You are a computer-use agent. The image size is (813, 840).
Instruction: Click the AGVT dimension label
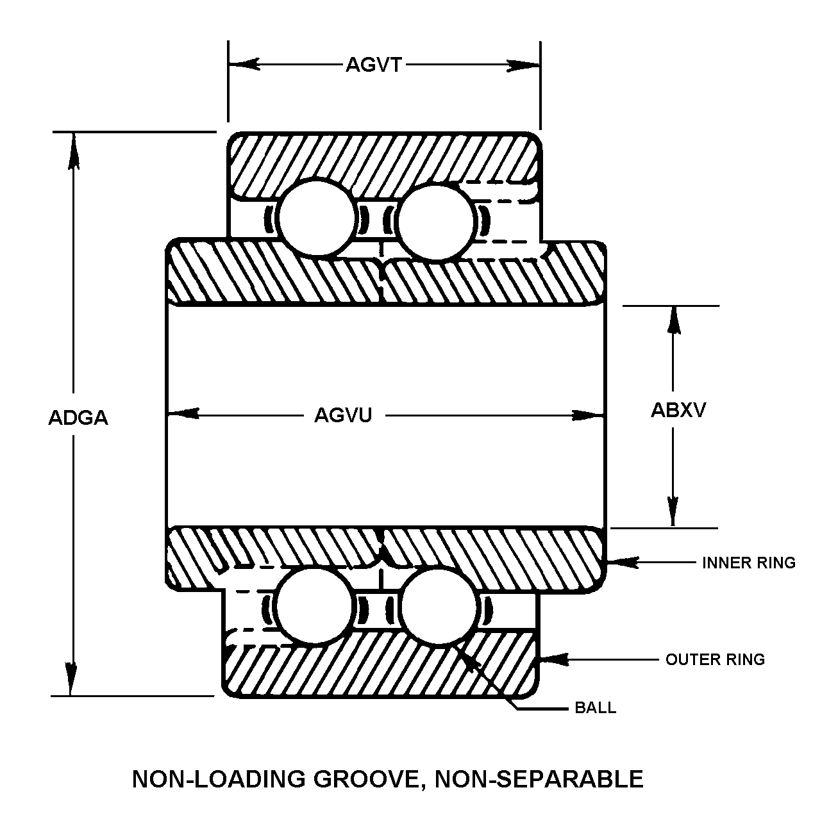(x=373, y=65)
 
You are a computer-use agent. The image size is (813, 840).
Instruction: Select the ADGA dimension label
(x=78, y=418)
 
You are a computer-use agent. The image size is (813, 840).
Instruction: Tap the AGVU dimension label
(x=343, y=416)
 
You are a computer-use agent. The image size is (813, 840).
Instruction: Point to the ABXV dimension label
(x=678, y=410)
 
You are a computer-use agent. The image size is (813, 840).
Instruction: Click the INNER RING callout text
(x=748, y=563)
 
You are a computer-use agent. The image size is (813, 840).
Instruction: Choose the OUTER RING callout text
(x=715, y=659)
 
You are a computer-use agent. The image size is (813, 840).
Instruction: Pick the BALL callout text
(x=596, y=708)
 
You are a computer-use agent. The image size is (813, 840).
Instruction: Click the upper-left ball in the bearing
(x=315, y=218)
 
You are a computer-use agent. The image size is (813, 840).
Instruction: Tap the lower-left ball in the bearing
(x=315, y=605)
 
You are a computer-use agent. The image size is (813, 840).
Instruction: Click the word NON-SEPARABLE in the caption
(x=539, y=779)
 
